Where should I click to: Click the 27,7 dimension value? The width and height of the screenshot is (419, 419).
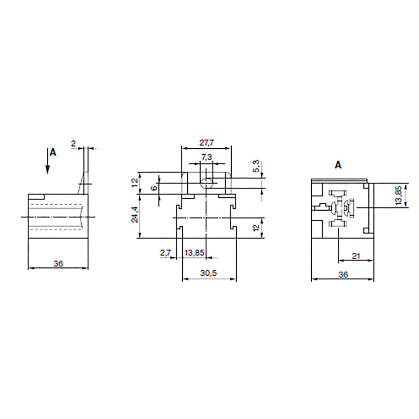click(206, 143)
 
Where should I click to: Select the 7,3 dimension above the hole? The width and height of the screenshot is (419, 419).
click(207, 157)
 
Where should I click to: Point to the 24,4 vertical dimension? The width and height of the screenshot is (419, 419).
click(134, 217)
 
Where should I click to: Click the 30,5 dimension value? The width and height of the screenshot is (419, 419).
click(209, 273)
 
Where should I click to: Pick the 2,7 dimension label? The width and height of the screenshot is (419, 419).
click(165, 253)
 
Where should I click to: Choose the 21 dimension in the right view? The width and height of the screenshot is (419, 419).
click(356, 256)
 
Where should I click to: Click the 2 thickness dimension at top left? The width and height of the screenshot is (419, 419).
click(73, 144)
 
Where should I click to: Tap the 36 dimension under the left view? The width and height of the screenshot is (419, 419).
click(58, 264)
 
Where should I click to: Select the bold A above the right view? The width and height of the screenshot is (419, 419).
click(338, 165)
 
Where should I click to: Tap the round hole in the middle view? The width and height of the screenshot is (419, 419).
click(206, 183)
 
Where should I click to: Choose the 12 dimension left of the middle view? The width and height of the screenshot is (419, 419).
click(134, 183)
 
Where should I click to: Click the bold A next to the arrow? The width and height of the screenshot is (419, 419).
click(52, 153)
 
